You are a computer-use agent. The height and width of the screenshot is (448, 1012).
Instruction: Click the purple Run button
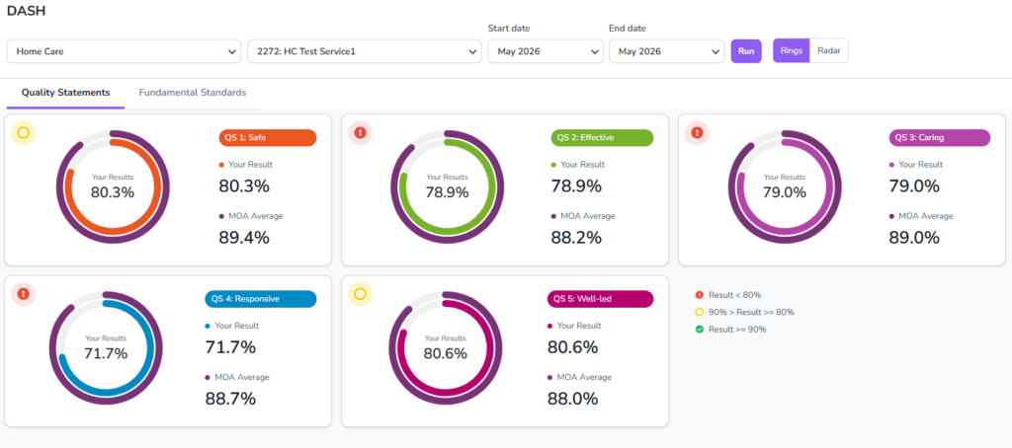746,51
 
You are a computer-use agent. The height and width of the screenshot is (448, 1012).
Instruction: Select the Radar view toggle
829,51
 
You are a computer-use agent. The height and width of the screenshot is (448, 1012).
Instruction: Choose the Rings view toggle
792,51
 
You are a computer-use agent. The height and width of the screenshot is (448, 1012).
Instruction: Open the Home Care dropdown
125,51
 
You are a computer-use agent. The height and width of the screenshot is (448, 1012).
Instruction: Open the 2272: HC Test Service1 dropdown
365,51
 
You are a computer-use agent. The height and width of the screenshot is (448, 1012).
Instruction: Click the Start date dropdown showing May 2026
546,51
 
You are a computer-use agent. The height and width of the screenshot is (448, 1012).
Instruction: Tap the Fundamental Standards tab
193,92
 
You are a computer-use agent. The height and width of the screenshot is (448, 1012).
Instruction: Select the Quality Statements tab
66,92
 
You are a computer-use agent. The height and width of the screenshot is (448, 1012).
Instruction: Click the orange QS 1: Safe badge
268,137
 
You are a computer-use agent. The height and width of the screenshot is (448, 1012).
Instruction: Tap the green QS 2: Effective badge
602,137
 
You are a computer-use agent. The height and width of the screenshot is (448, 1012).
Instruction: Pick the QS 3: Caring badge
940,137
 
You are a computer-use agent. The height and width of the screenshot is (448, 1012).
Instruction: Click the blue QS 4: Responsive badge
261,298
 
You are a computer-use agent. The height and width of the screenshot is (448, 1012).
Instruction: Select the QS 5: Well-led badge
600,298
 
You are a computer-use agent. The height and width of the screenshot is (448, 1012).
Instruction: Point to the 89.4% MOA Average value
244,237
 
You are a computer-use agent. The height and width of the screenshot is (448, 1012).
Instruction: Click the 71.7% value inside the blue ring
106,353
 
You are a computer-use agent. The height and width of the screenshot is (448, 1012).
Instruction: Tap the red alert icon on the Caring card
697,133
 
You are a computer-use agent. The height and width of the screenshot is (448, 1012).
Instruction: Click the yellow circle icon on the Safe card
24,133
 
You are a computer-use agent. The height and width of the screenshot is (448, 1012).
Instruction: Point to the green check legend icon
699,330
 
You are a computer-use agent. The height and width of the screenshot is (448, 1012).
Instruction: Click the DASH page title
26,11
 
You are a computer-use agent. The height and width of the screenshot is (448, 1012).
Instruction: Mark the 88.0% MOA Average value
572,399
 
